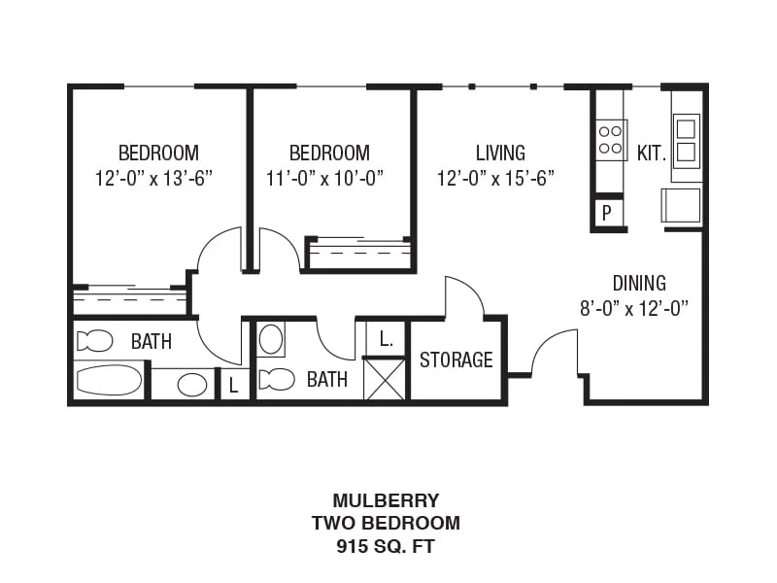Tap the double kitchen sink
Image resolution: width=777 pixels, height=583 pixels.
coord(686,141)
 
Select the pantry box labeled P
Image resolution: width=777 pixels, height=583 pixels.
coord(606,213)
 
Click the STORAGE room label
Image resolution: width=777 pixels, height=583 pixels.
coord(456,360)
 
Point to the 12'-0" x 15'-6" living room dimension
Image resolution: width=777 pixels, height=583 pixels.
coord(495,178)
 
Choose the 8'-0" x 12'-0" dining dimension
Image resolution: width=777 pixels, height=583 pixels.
coord(634,308)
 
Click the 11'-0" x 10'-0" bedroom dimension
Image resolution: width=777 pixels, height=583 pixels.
coord(325,178)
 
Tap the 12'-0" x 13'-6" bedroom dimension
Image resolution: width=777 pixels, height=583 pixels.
coord(153,178)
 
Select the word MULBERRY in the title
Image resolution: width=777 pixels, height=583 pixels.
coord(386,500)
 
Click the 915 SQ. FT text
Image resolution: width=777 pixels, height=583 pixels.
coord(386,546)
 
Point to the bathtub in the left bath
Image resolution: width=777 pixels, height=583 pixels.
coord(109,380)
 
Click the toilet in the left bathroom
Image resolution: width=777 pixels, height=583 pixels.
coord(94,341)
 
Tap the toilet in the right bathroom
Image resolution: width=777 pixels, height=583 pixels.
coord(277,379)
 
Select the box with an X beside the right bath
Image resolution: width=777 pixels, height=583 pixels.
coord(385,379)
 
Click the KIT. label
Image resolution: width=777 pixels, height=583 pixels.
coord(651,154)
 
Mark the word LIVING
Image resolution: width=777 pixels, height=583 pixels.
coord(500,153)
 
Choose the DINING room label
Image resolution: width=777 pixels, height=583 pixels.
coord(639,283)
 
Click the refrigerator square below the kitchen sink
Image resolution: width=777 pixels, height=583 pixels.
coord(681,205)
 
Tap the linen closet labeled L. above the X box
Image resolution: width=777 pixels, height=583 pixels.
coord(385,339)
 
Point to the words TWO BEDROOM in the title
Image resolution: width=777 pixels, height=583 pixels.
coord(386,523)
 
